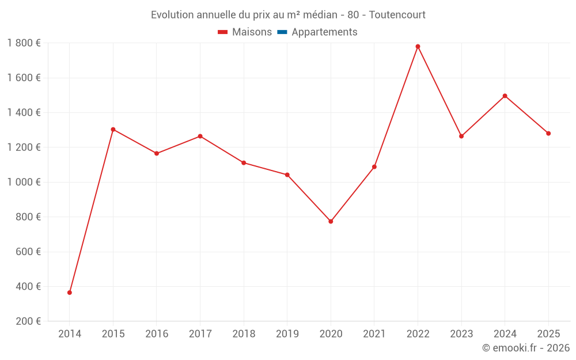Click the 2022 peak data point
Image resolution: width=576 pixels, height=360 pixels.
click(418, 47)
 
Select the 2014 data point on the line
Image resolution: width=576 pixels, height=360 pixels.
click(70, 293)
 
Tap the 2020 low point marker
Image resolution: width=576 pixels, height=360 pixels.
click(331, 221)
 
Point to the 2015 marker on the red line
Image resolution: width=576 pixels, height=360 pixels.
click(113, 130)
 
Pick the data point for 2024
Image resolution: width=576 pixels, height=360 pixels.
click(505, 96)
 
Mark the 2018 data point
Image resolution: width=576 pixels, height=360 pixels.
click(244, 163)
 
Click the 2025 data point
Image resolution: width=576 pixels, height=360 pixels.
click(548, 134)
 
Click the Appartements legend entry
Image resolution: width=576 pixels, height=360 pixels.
click(324, 32)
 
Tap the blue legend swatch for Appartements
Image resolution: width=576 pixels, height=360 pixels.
click(282, 32)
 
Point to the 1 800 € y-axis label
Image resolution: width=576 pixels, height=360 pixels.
click(24, 43)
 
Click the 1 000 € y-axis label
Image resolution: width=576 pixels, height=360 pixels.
click(24, 182)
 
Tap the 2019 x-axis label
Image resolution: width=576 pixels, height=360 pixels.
click(287, 334)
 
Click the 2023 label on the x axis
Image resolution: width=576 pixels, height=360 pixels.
click(461, 334)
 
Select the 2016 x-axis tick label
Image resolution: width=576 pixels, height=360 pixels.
click(157, 334)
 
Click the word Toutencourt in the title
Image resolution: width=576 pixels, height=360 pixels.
click(397, 15)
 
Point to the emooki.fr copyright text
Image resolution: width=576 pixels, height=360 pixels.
click(526, 348)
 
